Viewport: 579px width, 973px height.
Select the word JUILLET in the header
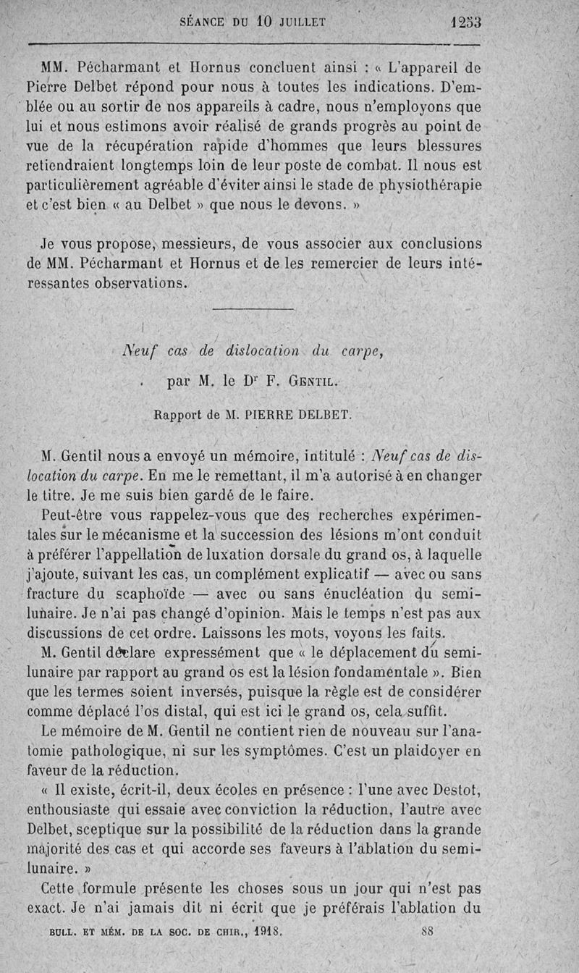pyautogui.click(x=299, y=22)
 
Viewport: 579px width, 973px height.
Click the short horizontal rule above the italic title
pyautogui.click(x=253, y=310)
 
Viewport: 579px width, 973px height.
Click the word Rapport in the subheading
pyautogui.click(x=178, y=416)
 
